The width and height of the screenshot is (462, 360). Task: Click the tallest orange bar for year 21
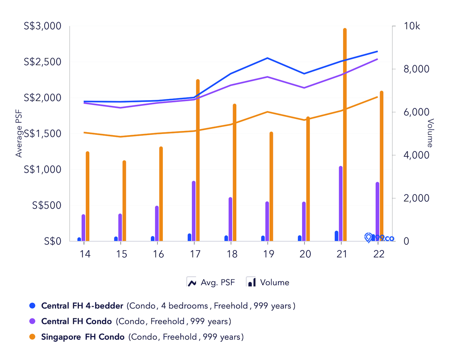coord(345,135)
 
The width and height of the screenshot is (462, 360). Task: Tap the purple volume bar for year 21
coord(341,204)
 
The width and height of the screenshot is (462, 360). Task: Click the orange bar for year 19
coord(271,187)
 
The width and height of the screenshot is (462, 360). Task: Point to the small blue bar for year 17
coord(189,237)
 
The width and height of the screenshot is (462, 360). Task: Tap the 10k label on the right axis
coord(412,26)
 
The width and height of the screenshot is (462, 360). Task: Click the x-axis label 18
coord(231,255)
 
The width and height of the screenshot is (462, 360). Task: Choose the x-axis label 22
coord(379,255)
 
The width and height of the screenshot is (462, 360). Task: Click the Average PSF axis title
coord(19,133)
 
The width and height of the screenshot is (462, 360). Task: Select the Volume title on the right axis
coord(430,133)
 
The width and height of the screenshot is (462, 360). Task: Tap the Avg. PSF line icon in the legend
coord(192,282)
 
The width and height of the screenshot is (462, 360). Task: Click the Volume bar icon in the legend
coord(251,282)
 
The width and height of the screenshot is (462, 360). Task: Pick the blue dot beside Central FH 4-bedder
coord(32,306)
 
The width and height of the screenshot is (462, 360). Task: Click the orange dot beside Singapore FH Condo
coord(32,337)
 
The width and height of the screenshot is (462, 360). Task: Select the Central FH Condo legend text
coord(77,321)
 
